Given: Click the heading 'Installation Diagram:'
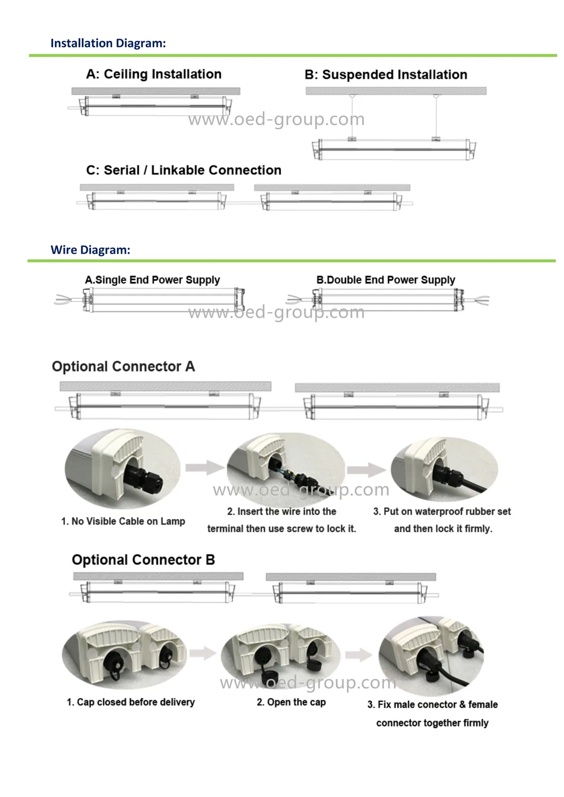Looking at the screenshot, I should click(108, 43).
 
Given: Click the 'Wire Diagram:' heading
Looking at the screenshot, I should click(90, 250).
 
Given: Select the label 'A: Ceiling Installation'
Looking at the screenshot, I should click(154, 74).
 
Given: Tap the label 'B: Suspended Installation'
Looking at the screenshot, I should click(386, 75).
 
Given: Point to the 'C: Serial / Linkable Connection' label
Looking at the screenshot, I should click(184, 171).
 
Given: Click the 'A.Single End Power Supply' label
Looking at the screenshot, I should click(152, 280).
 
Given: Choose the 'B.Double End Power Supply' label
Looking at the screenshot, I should click(386, 280).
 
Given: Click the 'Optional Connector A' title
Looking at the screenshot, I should click(123, 367).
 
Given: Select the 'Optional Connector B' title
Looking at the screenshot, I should click(143, 560).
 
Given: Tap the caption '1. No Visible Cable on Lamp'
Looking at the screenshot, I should click(123, 522).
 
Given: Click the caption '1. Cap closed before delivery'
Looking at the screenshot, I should click(130, 702).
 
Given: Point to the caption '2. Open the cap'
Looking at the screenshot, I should click(291, 702).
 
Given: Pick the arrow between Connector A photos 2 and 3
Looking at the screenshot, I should click(367, 469).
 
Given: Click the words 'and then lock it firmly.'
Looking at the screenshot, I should click(443, 529).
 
